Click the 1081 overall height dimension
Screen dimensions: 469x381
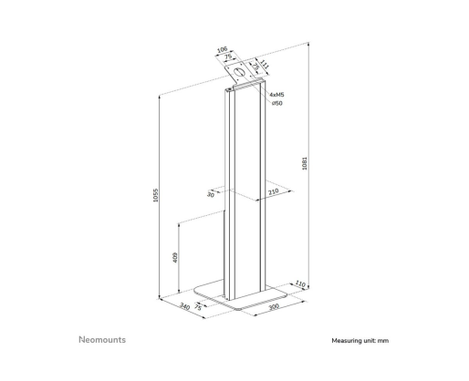[x=305, y=163]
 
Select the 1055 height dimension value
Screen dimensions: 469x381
[x=155, y=195]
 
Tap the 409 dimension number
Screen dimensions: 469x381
[x=175, y=257]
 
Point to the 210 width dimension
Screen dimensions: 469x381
[x=274, y=191]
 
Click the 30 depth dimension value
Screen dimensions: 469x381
[x=211, y=194]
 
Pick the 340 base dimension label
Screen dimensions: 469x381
[x=184, y=306]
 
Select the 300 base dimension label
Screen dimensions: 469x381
[x=274, y=306]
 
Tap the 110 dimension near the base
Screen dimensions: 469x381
[x=300, y=284]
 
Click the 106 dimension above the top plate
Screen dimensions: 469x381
[x=222, y=49]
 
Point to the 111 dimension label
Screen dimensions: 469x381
[x=265, y=65]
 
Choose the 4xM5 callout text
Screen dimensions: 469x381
[x=276, y=95]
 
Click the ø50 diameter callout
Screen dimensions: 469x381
[x=277, y=103]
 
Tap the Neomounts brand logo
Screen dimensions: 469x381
[x=102, y=340]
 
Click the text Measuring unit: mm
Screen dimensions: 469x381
[x=360, y=341]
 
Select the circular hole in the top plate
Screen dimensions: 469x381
[x=239, y=73]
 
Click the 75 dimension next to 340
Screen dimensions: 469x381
[x=198, y=307]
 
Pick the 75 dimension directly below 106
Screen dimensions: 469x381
[x=228, y=57]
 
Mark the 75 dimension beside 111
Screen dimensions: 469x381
[x=255, y=67]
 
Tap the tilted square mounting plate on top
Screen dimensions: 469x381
[x=239, y=73]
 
